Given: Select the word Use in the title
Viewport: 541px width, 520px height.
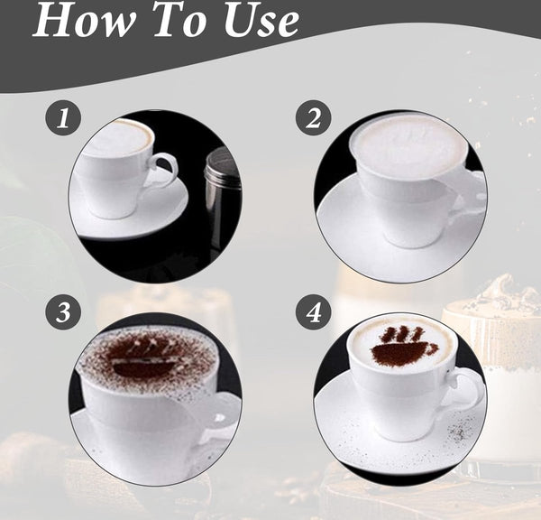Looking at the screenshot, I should point(262,22).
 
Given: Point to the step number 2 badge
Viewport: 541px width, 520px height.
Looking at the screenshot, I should point(313,118).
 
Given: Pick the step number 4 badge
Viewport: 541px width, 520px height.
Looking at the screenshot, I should point(313,312).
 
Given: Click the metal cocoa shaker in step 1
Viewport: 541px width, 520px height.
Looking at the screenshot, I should point(221,194).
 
